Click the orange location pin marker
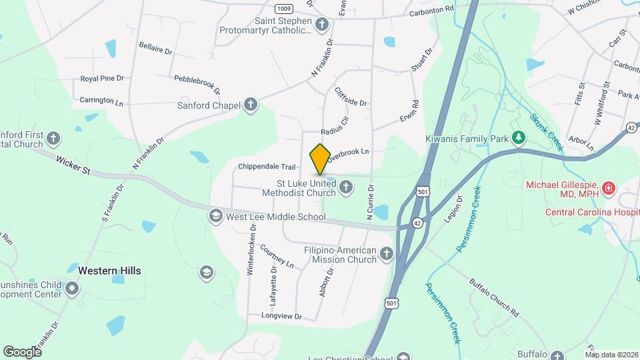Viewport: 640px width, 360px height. [320, 159]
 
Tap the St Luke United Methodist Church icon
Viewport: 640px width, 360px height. [346, 187]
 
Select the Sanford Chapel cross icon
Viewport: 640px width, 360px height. [251, 105]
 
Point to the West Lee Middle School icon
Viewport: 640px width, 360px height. [215, 216]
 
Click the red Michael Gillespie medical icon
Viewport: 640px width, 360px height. [607, 189]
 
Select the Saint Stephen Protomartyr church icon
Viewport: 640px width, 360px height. [322, 25]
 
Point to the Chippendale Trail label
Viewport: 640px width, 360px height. [266, 167]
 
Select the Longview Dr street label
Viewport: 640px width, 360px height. [281, 315]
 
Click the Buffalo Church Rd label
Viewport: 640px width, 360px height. [494, 296]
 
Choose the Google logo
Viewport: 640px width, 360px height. [22, 351]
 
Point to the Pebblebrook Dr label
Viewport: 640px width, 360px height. [197, 83]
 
